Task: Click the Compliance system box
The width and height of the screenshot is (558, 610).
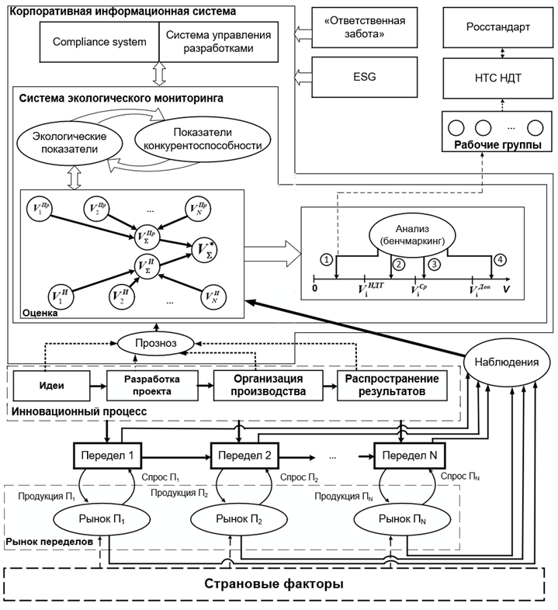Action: coord(99,41)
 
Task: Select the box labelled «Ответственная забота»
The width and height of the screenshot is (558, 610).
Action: coord(360,26)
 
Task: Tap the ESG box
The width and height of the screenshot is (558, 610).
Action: coord(360,76)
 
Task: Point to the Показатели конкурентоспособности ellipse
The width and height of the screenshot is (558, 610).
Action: coord(202,137)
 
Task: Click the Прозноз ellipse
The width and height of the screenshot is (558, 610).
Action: coord(157,341)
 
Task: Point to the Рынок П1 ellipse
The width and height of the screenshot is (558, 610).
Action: coord(92,517)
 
